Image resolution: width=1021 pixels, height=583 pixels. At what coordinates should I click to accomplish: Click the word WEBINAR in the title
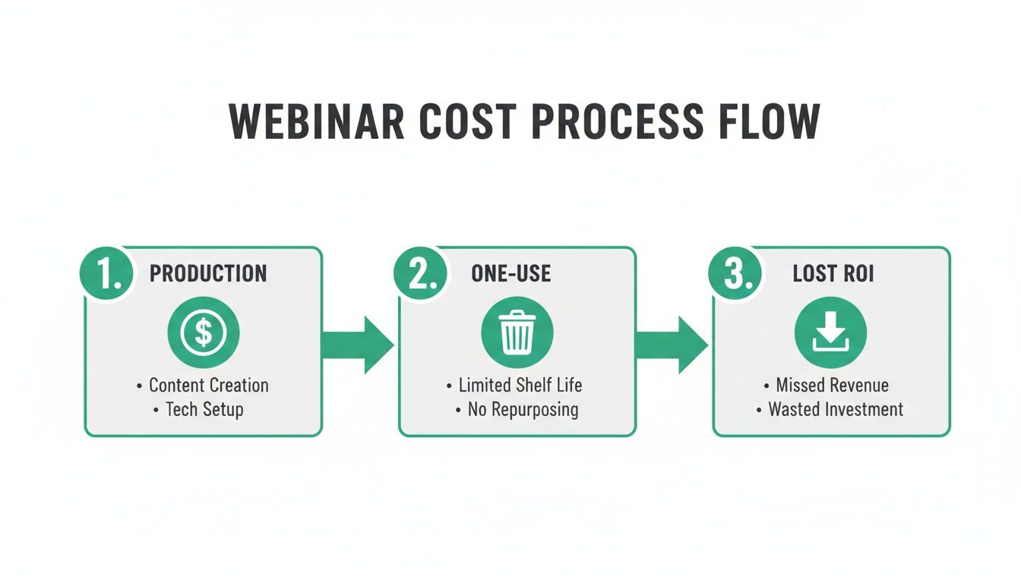pyautogui.click(x=316, y=121)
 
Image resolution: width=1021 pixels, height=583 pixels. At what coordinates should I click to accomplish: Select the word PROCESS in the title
pyautogui.click(x=617, y=121)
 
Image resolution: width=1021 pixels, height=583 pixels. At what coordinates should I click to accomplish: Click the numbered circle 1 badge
pyautogui.click(x=106, y=273)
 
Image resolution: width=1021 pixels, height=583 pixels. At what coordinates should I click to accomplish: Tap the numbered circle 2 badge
pyautogui.click(x=421, y=273)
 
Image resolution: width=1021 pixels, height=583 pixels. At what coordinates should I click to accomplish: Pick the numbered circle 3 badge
pyautogui.click(x=735, y=273)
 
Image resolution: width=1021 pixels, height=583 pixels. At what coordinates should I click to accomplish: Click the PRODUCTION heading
pyautogui.click(x=208, y=273)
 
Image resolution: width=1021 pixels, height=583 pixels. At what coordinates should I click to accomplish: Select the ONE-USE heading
pyautogui.click(x=511, y=273)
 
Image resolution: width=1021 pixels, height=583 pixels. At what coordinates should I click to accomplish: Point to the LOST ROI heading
pyautogui.click(x=833, y=273)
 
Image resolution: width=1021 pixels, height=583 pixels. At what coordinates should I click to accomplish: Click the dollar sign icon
pyautogui.click(x=204, y=332)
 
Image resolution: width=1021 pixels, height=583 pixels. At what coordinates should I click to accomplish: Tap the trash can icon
pyautogui.click(x=517, y=332)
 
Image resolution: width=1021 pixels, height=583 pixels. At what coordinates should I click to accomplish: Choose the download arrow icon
pyautogui.click(x=830, y=332)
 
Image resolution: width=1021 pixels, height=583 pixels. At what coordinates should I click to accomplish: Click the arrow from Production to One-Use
pyautogui.click(x=359, y=345)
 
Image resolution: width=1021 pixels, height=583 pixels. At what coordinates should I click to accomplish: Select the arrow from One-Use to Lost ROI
pyautogui.click(x=672, y=345)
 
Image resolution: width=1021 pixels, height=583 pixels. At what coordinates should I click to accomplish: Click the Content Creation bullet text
pyautogui.click(x=208, y=386)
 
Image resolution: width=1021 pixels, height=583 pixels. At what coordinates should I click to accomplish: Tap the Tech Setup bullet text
pyautogui.click(x=204, y=409)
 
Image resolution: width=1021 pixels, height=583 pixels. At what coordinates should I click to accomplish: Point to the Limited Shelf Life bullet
pyautogui.click(x=520, y=386)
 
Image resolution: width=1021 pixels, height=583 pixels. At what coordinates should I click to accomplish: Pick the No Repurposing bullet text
pyautogui.click(x=523, y=409)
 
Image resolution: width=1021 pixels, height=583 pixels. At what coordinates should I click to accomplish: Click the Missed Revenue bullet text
pyautogui.click(x=833, y=386)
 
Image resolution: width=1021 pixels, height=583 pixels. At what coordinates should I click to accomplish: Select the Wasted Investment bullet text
pyautogui.click(x=836, y=409)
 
